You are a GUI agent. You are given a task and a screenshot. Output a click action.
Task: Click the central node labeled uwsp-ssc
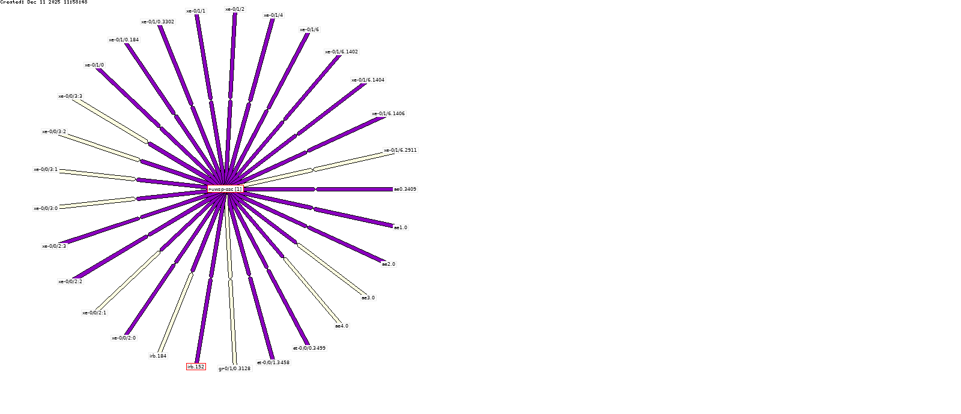(x=225, y=189)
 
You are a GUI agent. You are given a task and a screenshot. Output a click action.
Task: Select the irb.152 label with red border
(x=196, y=367)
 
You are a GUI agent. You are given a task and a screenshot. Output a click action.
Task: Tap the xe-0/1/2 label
(x=235, y=9)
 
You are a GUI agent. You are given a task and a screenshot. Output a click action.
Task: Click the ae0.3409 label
(x=405, y=189)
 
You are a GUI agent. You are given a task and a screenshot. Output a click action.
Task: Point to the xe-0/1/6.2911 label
(x=400, y=150)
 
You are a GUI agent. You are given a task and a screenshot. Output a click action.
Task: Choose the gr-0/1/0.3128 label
(x=234, y=368)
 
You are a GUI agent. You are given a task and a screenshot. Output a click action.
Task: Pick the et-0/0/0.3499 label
(x=309, y=348)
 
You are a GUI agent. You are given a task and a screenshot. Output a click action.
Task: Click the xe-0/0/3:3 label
(x=70, y=96)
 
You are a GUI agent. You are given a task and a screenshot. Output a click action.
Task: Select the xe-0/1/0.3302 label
(x=158, y=22)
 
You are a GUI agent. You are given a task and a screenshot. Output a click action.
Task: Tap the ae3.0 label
(x=368, y=298)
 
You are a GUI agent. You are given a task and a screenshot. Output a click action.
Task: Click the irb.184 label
(x=158, y=356)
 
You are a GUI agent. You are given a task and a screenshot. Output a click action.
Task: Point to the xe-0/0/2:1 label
(x=94, y=313)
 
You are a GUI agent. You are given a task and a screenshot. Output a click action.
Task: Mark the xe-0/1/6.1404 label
(x=368, y=80)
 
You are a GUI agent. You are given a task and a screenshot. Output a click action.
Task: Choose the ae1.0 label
(x=401, y=227)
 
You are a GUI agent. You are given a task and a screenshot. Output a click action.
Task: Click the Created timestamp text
(x=44, y=2)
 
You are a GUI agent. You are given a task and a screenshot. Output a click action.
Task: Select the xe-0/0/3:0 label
(x=46, y=208)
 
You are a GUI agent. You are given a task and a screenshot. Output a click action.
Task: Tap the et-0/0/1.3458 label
(x=273, y=362)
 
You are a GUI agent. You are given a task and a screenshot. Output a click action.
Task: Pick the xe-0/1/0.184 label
(x=124, y=40)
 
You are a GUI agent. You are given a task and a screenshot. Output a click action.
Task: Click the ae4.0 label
(x=342, y=326)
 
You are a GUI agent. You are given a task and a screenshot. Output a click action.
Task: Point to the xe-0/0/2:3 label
(x=54, y=246)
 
